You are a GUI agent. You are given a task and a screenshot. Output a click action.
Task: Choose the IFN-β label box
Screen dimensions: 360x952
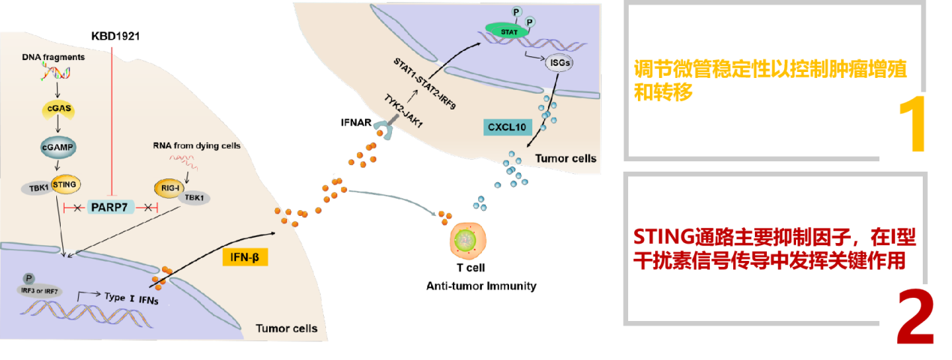coord(244,258)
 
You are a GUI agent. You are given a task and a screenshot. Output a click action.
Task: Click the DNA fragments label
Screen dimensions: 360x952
coord(54,57)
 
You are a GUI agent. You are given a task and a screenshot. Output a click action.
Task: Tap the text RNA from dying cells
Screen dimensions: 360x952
coord(196,146)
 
